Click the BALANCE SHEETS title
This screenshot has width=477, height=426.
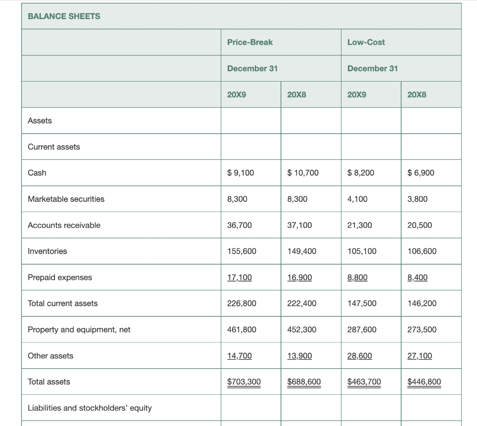[64, 16]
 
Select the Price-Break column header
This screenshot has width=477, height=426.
[250, 42]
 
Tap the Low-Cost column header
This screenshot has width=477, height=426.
[366, 42]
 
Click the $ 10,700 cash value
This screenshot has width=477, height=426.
[303, 173]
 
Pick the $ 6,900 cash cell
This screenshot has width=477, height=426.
[421, 173]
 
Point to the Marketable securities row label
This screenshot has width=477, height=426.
[66, 199]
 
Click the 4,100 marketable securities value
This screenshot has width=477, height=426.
[357, 199]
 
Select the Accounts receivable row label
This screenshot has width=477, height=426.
[64, 225]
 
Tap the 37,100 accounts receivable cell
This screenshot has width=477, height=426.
[300, 225]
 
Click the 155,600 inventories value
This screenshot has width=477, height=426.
[241, 251]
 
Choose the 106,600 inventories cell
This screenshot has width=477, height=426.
[422, 251]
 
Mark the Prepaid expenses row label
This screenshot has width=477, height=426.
[60, 277]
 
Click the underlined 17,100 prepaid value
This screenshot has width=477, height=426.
[239, 277]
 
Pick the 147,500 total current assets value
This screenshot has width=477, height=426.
[362, 303]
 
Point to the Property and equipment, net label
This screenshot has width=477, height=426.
[79, 330]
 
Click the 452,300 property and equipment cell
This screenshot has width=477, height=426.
[302, 330]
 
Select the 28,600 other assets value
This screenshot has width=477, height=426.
[360, 356]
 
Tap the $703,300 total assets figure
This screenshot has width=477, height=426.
[244, 382]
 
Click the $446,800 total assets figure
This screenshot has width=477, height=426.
[424, 382]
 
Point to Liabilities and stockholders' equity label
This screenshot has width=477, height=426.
[90, 408]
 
